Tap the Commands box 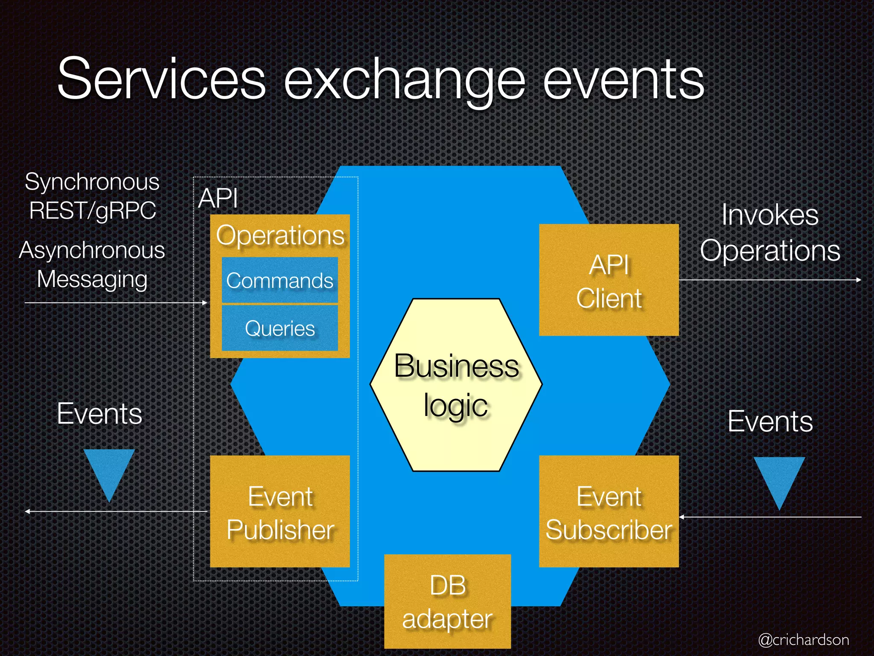(280, 280)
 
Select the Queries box (280, 328)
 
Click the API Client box (609, 280)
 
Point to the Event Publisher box (280, 511)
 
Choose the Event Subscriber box (609, 511)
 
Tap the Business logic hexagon (456, 384)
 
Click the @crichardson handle (803, 640)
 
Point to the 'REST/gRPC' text (92, 211)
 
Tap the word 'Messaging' (92, 279)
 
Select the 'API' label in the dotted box (218, 198)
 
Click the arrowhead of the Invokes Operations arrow (859, 280)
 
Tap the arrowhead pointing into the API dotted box (205, 303)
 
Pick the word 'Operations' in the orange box (280, 235)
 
